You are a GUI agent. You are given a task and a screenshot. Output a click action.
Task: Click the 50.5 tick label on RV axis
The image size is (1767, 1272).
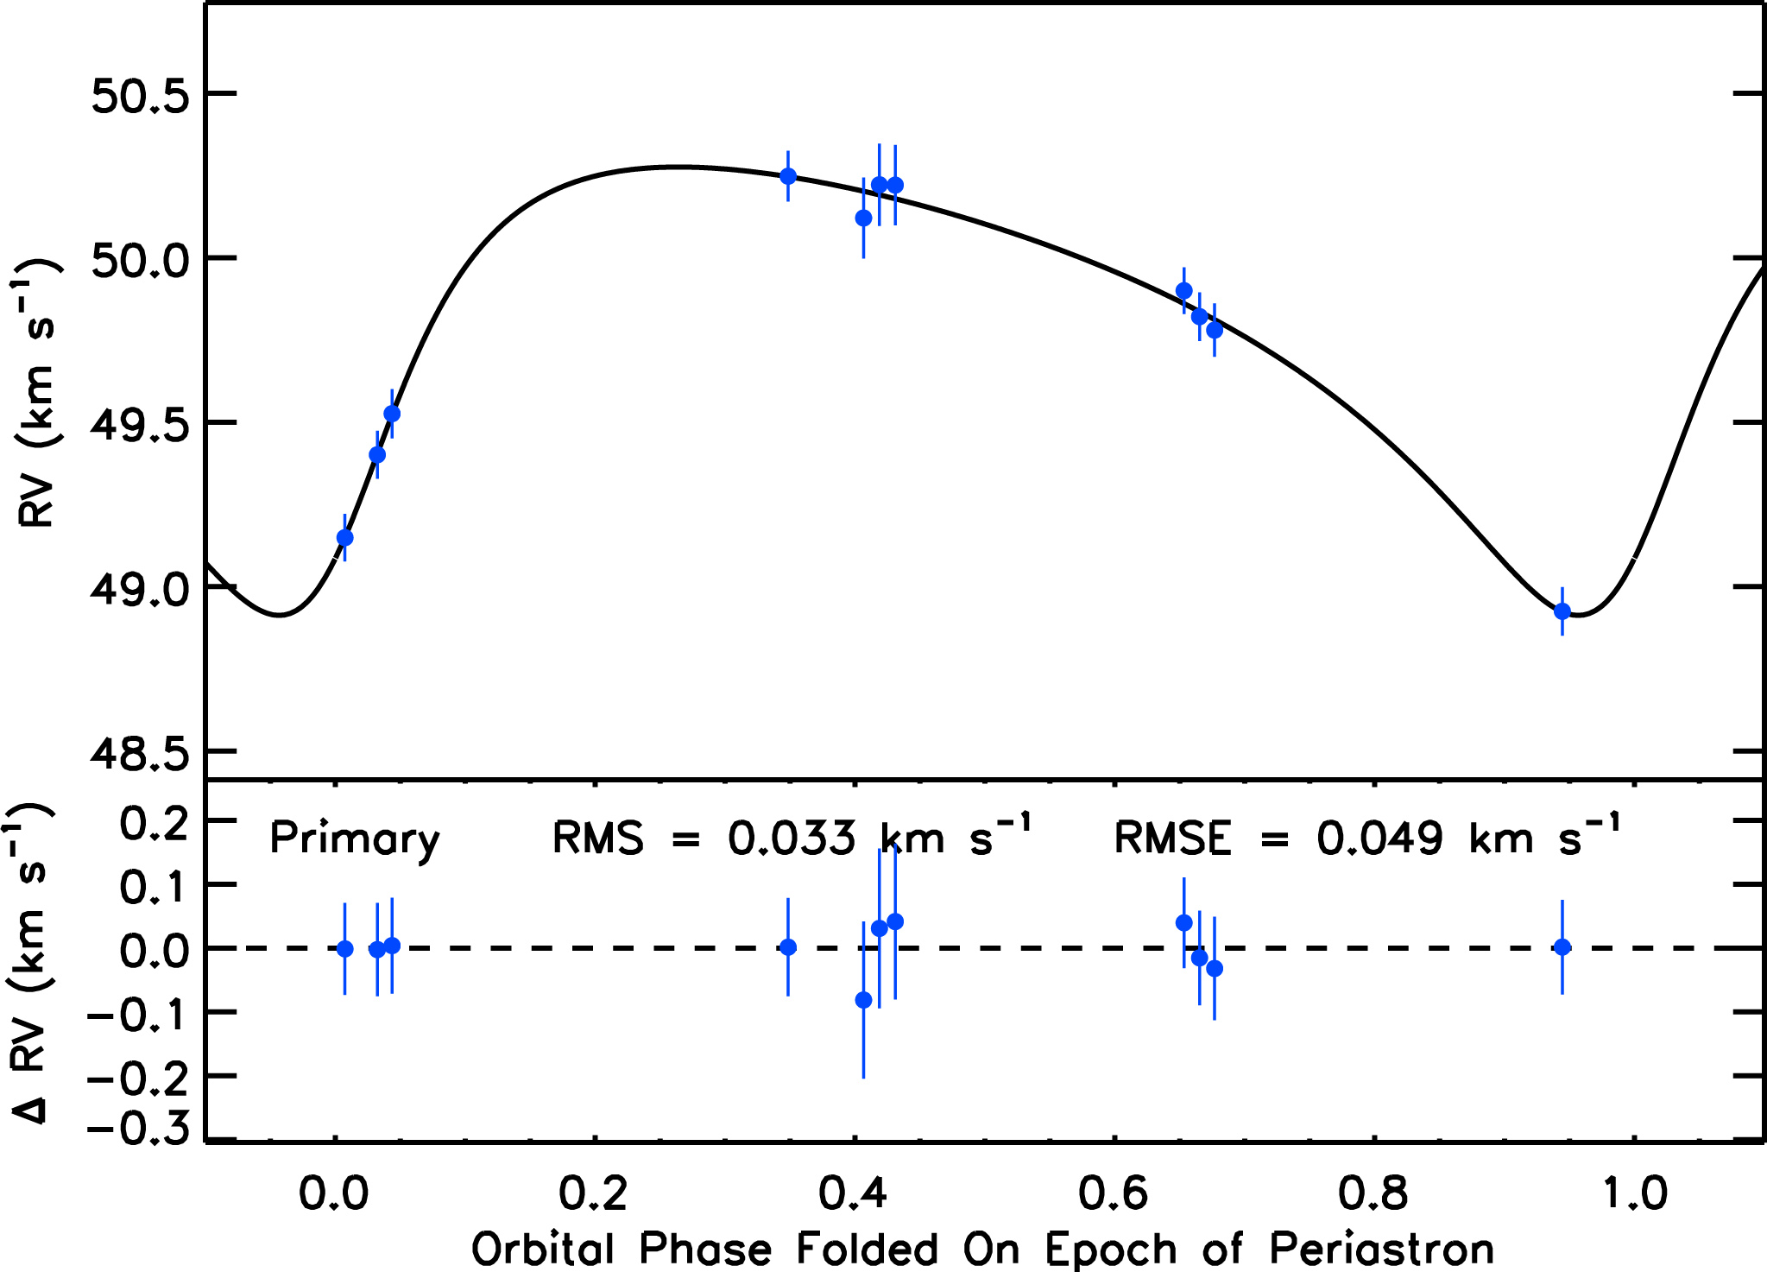(x=140, y=96)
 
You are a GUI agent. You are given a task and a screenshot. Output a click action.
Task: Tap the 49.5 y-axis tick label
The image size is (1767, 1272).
(x=140, y=425)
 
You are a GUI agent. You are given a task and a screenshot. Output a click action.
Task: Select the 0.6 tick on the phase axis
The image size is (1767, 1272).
(x=1114, y=1193)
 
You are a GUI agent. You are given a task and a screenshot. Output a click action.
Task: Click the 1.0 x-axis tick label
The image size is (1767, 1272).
(x=1634, y=1193)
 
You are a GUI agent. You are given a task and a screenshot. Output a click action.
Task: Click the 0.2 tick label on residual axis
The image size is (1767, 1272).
(x=154, y=822)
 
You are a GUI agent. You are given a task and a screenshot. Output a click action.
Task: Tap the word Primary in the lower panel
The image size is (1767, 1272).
(x=354, y=839)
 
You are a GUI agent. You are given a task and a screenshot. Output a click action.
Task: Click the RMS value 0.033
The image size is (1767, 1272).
(x=792, y=839)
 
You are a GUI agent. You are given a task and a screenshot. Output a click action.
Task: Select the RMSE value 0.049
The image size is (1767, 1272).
(x=1379, y=839)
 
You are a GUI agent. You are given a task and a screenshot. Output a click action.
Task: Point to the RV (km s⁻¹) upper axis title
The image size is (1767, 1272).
(x=36, y=393)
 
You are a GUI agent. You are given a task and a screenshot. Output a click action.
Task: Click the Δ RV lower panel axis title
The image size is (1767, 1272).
(x=31, y=963)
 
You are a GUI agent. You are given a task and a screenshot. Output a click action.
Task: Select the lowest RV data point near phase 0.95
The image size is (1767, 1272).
(x=1562, y=611)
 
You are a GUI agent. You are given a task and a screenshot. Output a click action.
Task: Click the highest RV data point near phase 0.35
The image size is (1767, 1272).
(x=787, y=176)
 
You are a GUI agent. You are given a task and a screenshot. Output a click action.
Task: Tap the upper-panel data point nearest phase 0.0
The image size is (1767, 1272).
(x=344, y=537)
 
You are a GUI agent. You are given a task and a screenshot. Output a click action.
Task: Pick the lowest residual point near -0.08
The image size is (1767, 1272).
(x=863, y=1000)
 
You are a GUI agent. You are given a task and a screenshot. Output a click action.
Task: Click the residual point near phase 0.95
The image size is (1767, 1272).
(x=1562, y=946)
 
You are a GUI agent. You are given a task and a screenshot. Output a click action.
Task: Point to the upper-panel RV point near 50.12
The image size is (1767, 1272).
(x=863, y=218)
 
